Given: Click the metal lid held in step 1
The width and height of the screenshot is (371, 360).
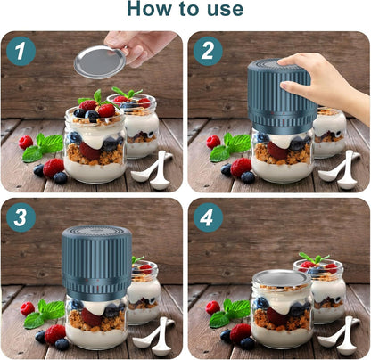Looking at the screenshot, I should tap(100, 61).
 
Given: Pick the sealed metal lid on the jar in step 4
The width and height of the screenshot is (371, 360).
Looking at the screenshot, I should tap(281, 279).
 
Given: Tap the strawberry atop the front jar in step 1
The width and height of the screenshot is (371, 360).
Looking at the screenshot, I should tap(105, 110).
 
